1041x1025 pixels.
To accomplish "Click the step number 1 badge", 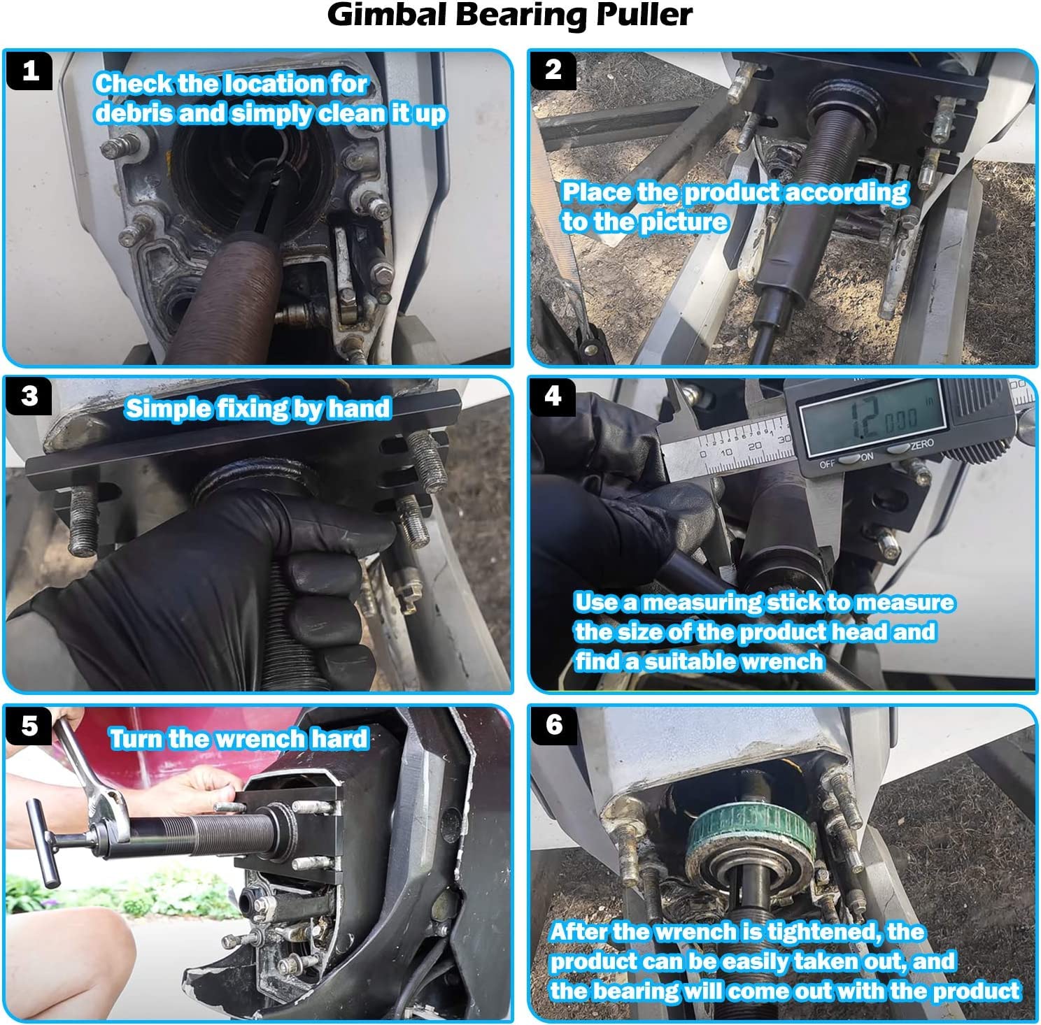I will [29, 71].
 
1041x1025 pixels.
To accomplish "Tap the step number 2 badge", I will [553, 70].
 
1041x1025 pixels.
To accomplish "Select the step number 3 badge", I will [29, 396].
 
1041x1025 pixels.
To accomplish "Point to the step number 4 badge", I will [553, 396].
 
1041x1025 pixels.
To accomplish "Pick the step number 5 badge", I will [29, 726].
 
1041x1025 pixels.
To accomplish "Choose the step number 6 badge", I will [553, 724].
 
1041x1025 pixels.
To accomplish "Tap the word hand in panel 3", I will [357, 408].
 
